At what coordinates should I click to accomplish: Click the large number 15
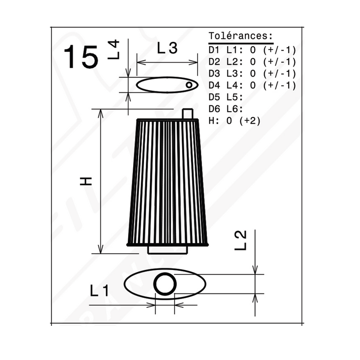[x=81, y=57]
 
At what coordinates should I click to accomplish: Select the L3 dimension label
[x=167, y=48]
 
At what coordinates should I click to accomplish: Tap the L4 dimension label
[x=114, y=49]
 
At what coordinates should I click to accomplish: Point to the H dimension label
[x=85, y=181]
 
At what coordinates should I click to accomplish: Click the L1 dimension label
[x=99, y=290]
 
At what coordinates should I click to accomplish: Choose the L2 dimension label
[x=240, y=240]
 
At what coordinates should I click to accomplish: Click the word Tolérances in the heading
[x=238, y=36]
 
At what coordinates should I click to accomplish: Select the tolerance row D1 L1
[x=252, y=50]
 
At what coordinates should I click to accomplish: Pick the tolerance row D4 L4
[x=252, y=85]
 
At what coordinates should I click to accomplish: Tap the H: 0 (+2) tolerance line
[x=234, y=121]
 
